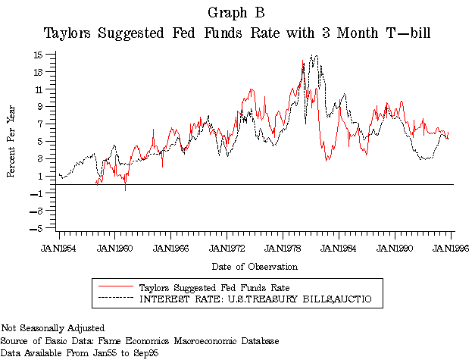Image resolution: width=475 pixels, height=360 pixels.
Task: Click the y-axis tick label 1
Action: click(46, 176)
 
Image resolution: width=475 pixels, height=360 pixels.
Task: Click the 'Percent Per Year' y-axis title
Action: click(12, 141)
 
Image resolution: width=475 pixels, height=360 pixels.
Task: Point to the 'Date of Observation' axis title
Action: click(255, 266)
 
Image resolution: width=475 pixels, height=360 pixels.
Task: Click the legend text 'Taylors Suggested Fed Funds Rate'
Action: click(214, 287)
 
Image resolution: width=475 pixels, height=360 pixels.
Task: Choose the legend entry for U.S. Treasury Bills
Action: click(257, 300)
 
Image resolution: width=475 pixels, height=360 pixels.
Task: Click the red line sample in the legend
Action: click(114, 287)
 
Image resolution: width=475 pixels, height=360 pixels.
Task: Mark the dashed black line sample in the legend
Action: click(114, 299)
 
